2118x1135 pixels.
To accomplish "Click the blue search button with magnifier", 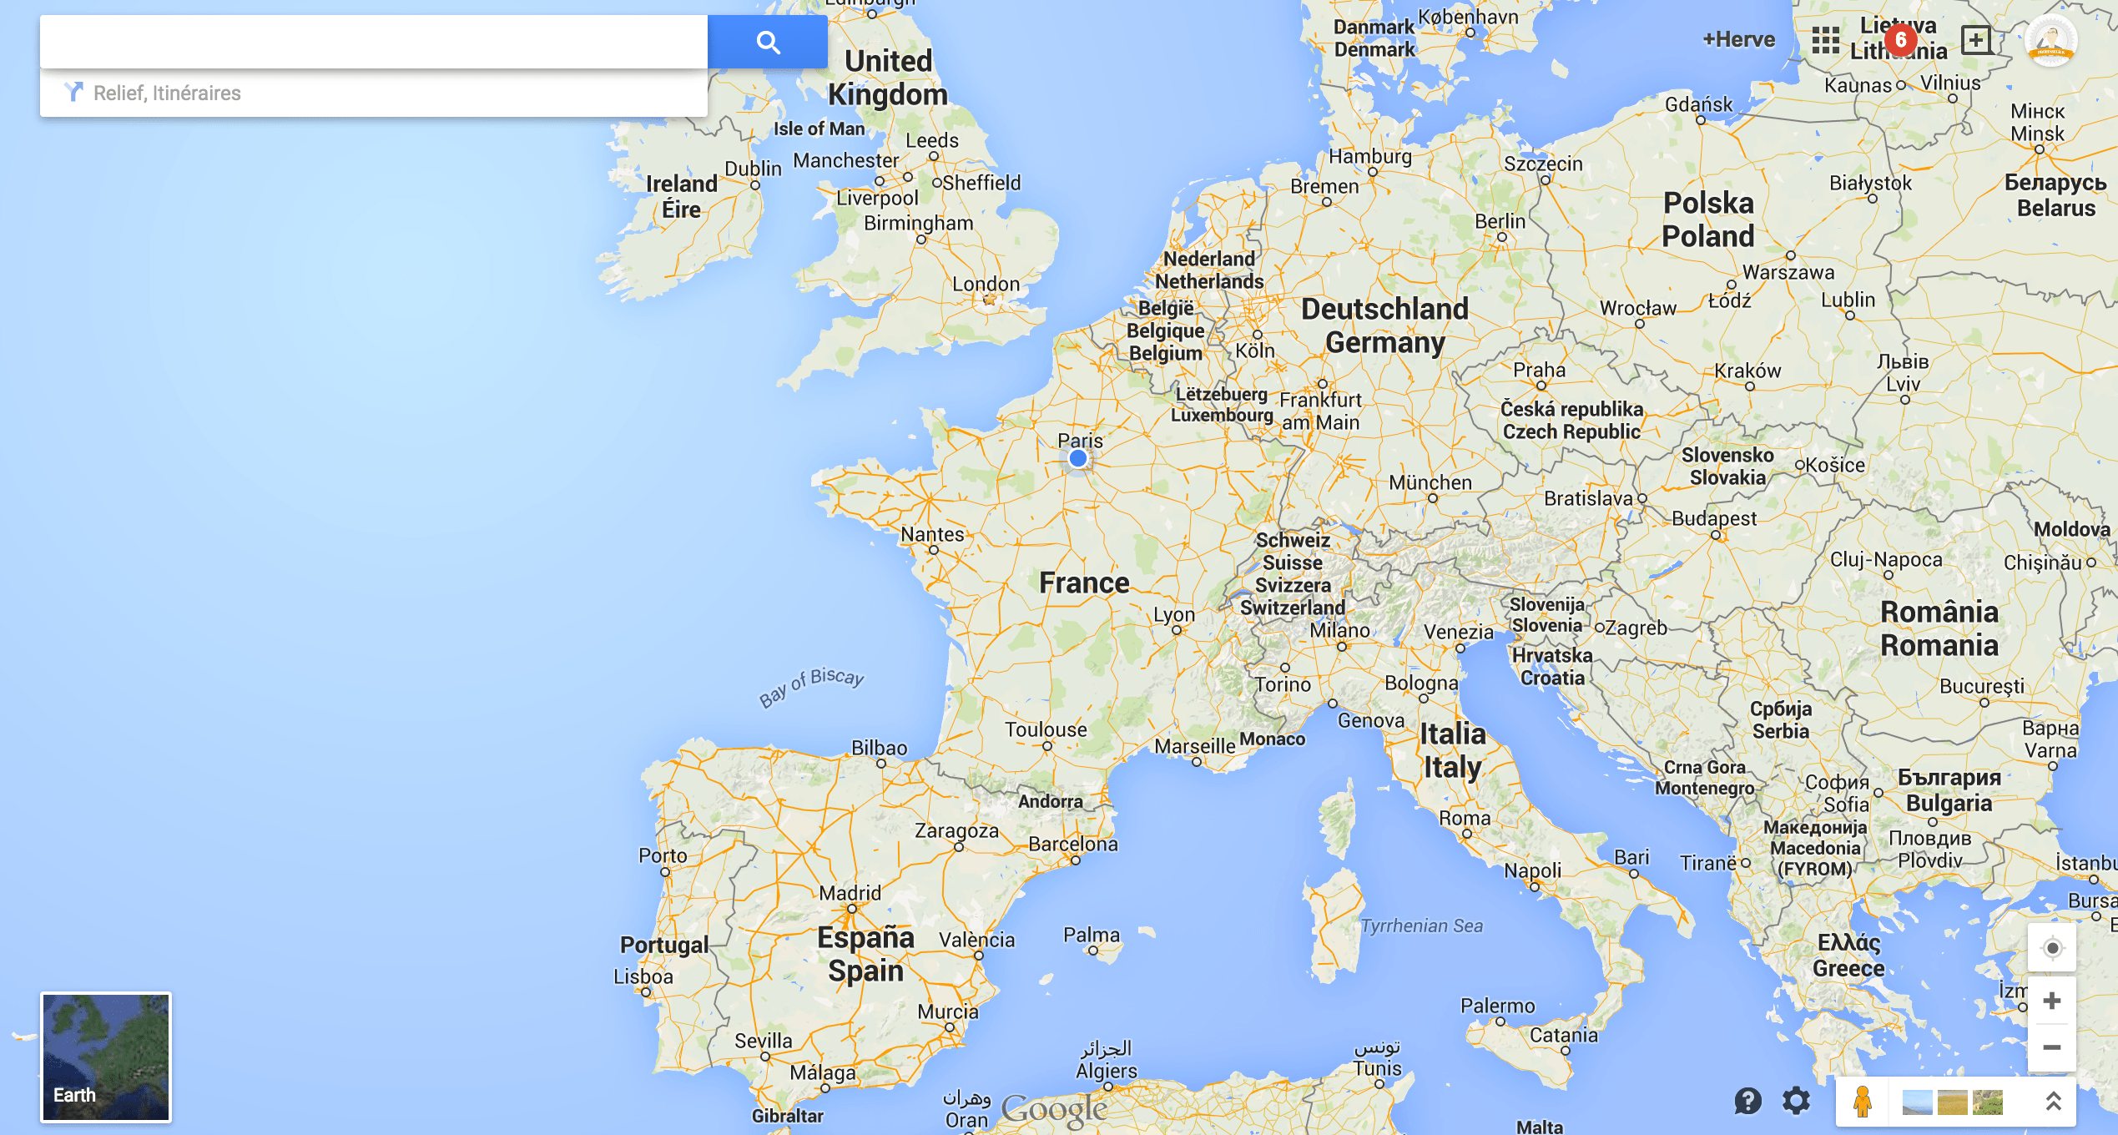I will (x=767, y=42).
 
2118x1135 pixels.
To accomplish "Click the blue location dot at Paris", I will (x=1077, y=458).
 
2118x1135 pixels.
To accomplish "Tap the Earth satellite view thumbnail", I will (x=106, y=1057).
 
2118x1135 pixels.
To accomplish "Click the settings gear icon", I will (x=1796, y=1101).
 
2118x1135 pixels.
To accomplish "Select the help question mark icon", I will (x=1747, y=1101).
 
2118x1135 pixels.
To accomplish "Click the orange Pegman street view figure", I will (x=1862, y=1101).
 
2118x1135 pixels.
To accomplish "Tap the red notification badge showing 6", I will (x=1900, y=39).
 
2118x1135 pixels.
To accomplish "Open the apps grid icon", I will (x=1825, y=39).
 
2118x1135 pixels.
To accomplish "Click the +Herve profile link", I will (x=1738, y=39).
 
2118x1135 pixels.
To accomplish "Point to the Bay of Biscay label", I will (x=811, y=686).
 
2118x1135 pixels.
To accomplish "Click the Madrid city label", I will (x=850, y=893).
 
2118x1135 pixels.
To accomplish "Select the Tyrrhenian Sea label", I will (x=1422, y=926).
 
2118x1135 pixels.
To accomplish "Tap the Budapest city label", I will (x=1714, y=518).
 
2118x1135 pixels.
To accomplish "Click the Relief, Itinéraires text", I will (x=167, y=93).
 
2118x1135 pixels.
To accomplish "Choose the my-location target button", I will (x=2052, y=948).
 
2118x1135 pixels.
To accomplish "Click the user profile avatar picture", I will (x=2050, y=40).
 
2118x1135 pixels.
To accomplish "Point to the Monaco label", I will (x=1272, y=739).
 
